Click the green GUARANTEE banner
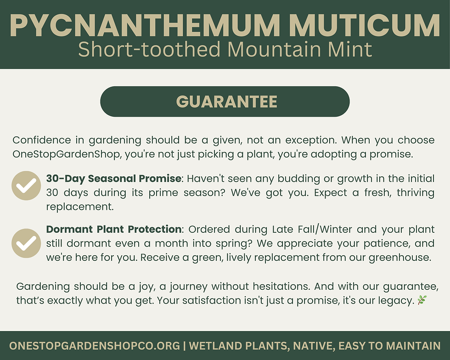click(225, 101)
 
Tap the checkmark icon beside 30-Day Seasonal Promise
click(26, 186)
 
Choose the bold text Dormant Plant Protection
click(114, 229)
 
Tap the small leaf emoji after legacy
click(422, 300)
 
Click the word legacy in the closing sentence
click(395, 301)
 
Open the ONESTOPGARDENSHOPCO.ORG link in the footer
click(94, 346)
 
